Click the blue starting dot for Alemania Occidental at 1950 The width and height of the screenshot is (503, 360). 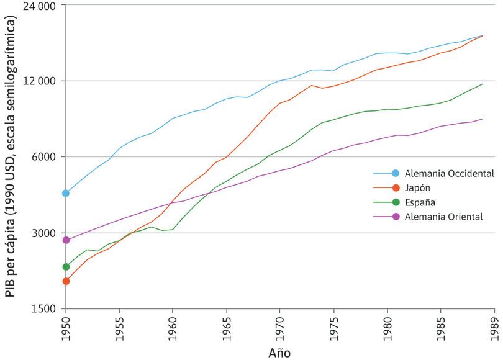pyautogui.click(x=66, y=193)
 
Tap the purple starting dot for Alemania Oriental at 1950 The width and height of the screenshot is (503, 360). pyautogui.click(x=66, y=240)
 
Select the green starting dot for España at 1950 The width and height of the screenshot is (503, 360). pyautogui.click(x=66, y=267)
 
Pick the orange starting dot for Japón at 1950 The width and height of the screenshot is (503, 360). pyautogui.click(x=66, y=281)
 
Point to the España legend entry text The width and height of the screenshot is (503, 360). pyautogui.click(x=420, y=202)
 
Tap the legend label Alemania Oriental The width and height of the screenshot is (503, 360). pyautogui.click(x=443, y=217)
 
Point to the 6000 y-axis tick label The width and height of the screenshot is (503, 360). pyautogui.click(x=44, y=157)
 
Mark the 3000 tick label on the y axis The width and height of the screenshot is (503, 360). pyautogui.click(x=44, y=233)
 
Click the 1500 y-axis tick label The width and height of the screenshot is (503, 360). pyautogui.click(x=44, y=309)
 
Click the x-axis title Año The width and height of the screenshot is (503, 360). pyautogui.click(x=279, y=353)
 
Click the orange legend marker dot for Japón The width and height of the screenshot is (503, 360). pyautogui.click(x=395, y=187)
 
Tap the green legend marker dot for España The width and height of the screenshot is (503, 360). pyautogui.click(x=395, y=202)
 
